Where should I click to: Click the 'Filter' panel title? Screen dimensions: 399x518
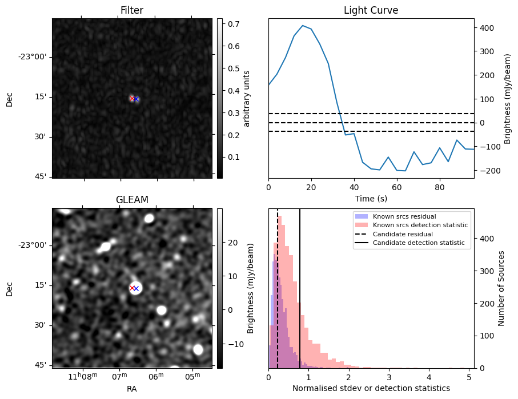click(132, 10)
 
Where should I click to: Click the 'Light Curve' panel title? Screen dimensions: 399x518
click(371, 10)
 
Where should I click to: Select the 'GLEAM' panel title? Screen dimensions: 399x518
click(132, 200)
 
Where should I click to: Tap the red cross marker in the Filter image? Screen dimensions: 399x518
click(132, 99)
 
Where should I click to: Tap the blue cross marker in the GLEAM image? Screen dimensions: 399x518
click(136, 288)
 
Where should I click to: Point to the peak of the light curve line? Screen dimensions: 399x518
click(303, 26)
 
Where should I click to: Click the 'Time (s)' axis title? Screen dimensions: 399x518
click(371, 198)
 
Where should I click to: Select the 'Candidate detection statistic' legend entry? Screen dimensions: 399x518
click(417, 243)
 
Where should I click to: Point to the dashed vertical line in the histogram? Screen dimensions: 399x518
click(278, 297)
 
